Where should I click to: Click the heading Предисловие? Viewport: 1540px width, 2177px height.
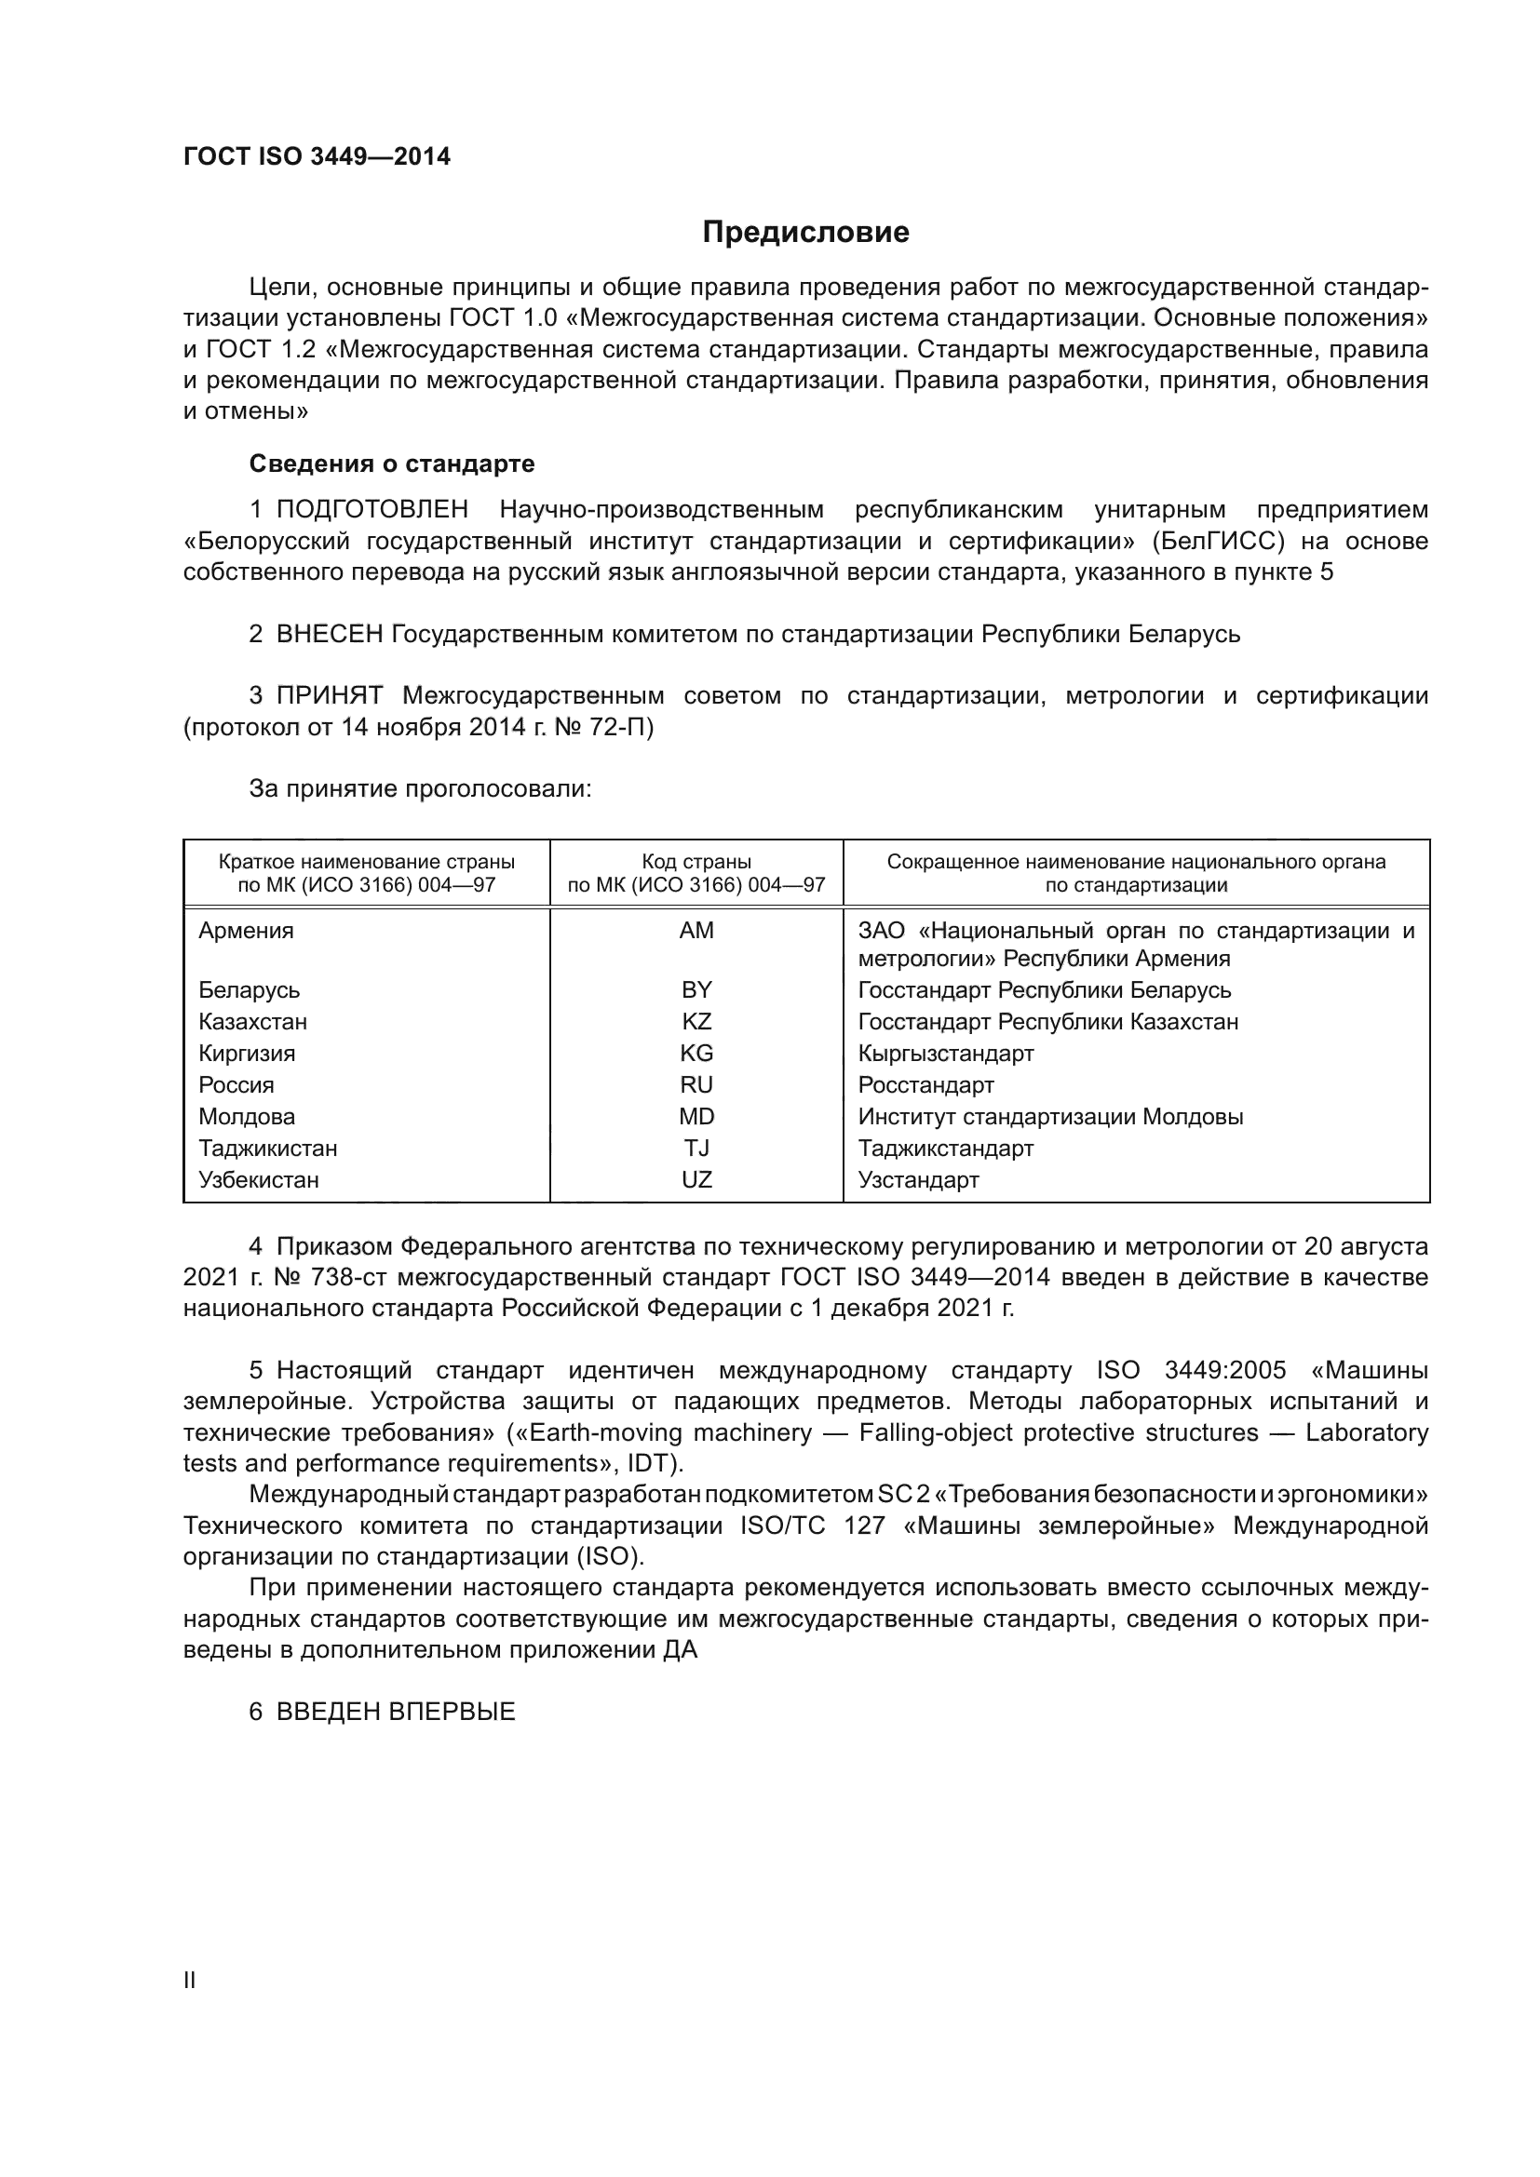click(805, 233)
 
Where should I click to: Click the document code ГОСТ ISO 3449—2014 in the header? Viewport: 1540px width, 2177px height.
click(317, 156)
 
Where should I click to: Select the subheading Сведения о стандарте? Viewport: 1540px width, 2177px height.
click(392, 464)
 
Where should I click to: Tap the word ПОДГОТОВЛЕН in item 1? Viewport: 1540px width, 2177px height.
click(371, 510)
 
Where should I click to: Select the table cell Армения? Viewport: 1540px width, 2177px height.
click(247, 931)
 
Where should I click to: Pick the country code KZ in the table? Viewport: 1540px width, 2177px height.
click(696, 1022)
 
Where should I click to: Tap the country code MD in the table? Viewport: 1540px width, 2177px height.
click(696, 1117)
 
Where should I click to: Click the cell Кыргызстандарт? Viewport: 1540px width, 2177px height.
click(945, 1054)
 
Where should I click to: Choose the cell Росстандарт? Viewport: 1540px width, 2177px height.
click(925, 1084)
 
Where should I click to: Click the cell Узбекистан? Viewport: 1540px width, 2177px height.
click(259, 1180)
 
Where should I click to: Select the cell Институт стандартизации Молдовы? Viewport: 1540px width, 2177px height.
click(1049, 1117)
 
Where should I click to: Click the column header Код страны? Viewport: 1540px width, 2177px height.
click(696, 862)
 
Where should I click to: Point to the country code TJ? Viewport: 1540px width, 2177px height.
click(696, 1149)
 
